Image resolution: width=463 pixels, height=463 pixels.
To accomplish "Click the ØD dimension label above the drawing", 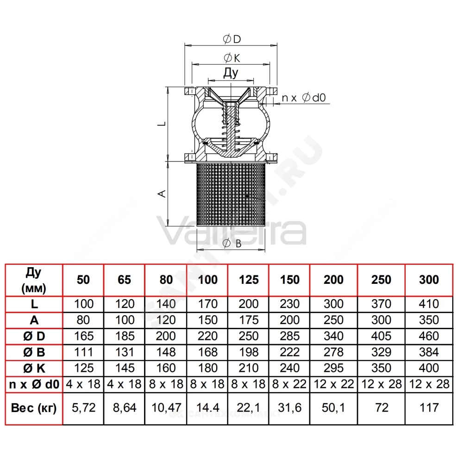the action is coord(232,39).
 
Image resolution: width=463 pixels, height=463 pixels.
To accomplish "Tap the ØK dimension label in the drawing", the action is coord(232,58).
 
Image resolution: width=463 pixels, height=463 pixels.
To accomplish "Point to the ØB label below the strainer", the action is coord(232,244).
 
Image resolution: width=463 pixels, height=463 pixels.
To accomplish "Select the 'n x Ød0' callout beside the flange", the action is coord(304,98).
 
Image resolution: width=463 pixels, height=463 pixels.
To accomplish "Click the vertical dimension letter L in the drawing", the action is coord(162,124).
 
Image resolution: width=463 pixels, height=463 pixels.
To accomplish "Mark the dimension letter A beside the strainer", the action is coord(162,194).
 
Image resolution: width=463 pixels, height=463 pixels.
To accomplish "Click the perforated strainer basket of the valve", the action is coord(231,194).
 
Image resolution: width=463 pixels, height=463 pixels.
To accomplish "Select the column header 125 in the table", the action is coord(249,280).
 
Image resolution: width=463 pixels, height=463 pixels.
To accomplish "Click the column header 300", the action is coord(429,280).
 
